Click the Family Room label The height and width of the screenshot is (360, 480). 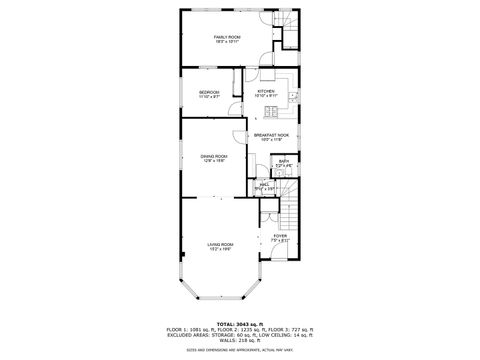[227, 37]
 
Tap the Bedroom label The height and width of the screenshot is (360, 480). [209, 92]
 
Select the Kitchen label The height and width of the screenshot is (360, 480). [266, 91]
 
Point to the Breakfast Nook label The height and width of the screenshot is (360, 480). [270, 135]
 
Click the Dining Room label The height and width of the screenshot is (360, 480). [214, 155]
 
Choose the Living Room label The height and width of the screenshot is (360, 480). [220, 244]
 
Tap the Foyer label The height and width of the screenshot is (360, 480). [280, 236]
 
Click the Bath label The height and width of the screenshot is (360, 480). [283, 160]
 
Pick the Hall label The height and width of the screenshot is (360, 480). [265, 183]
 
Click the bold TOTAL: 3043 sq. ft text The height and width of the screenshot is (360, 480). [240, 323]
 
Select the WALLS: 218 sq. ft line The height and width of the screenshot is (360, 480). [240, 339]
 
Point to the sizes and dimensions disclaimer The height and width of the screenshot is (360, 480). [240, 348]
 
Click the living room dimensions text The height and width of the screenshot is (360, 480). [220, 249]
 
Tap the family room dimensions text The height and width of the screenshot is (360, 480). [227, 42]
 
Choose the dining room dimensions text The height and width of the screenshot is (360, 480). [214, 160]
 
